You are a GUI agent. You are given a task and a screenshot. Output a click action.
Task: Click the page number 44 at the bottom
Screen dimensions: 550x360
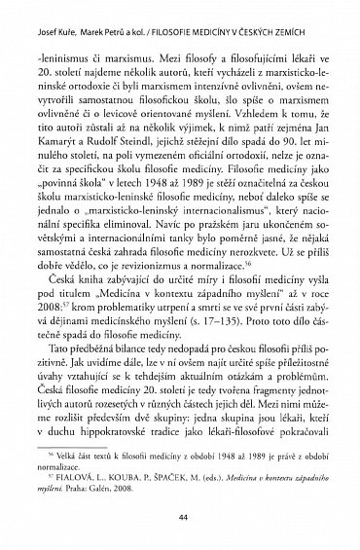tap(180, 521)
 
